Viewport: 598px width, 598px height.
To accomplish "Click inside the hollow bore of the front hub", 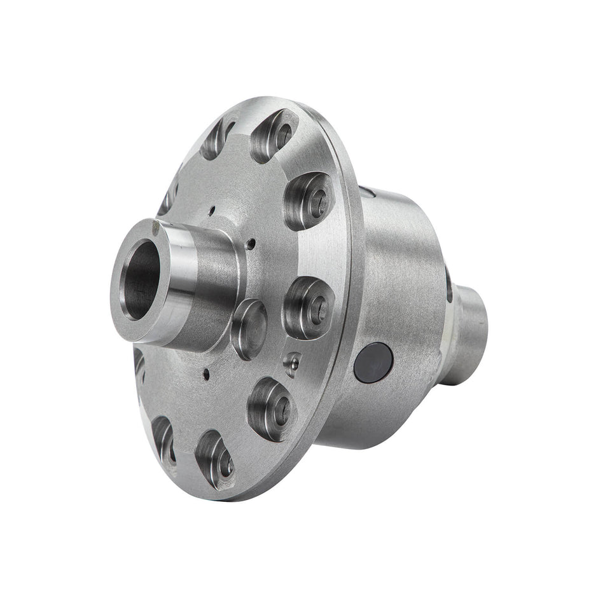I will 141,280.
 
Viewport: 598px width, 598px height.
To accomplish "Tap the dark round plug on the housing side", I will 373,363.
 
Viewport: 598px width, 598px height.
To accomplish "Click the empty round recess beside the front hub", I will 249,328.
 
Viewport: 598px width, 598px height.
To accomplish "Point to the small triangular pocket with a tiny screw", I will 292,364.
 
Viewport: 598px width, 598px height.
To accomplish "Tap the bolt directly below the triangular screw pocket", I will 272,408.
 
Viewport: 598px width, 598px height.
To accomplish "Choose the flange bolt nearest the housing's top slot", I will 309,200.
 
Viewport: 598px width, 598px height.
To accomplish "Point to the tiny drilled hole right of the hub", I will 253,242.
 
